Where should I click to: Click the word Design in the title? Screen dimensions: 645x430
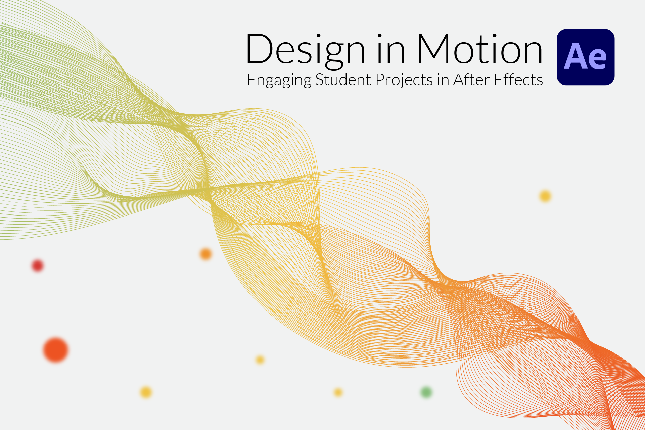(306, 50)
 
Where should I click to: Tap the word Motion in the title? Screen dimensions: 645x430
(479, 49)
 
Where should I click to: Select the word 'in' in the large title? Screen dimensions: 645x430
(391, 49)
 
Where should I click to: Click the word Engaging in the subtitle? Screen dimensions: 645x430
(279, 80)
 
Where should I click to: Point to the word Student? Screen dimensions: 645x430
(343, 80)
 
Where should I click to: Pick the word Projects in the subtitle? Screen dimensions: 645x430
(404, 80)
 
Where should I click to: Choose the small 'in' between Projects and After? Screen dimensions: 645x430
(443, 80)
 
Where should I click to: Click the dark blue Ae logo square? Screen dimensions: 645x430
(586, 57)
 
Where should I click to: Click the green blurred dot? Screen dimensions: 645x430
(426, 392)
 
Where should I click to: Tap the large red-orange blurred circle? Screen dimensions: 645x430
(56, 350)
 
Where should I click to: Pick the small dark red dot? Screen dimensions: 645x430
(38, 266)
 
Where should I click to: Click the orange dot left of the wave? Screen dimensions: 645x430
(205, 254)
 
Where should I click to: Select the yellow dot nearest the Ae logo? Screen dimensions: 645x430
(545, 196)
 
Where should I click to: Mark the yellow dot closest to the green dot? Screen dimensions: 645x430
(338, 392)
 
